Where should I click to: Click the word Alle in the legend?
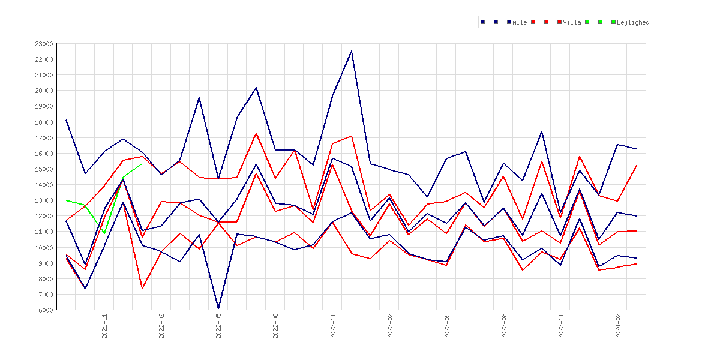(x=520, y=22)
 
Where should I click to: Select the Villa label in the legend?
(x=572, y=22)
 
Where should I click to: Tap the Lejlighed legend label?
(x=633, y=22)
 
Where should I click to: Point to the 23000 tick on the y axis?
(x=44, y=44)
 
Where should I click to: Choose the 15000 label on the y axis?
(x=44, y=169)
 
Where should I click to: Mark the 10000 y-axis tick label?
(x=44, y=248)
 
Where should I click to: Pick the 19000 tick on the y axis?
(x=44, y=107)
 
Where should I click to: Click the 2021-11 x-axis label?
(x=104, y=326)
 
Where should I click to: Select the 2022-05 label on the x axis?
(x=218, y=326)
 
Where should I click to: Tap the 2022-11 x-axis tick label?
(x=332, y=326)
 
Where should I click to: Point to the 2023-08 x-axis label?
(x=504, y=326)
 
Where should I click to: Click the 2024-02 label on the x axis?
(x=618, y=326)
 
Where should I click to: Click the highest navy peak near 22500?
(x=352, y=51)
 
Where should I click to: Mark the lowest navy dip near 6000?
(x=218, y=308)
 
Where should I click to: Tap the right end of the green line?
(x=142, y=163)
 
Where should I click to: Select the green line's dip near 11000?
(x=104, y=233)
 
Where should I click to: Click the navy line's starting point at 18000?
(x=66, y=120)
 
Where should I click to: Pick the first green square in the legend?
(x=587, y=22)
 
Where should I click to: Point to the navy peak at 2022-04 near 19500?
(x=199, y=98)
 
